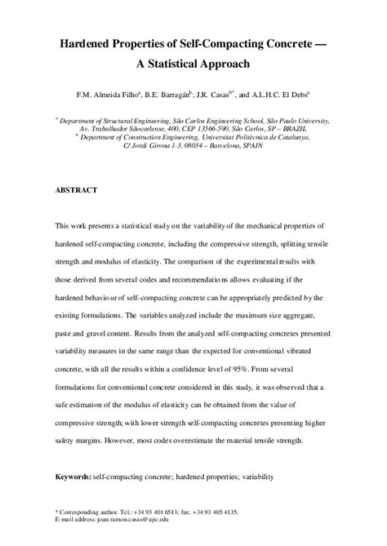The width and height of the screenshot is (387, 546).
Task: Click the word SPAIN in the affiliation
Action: coord(274,147)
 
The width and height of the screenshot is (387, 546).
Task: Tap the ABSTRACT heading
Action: coord(76,189)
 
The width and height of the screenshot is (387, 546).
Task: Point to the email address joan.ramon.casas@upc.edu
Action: coord(131,519)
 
